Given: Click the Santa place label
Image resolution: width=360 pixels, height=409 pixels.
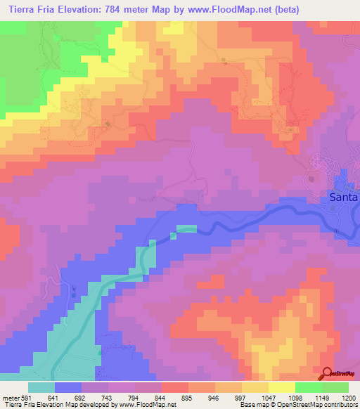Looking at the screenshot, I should [344, 198].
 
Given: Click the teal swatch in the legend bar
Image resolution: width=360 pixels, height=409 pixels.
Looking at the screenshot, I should [41, 387].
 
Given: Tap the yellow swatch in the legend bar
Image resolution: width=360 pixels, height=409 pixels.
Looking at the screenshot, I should [255, 387].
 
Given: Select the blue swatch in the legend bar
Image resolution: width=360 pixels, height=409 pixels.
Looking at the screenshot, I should [68, 387].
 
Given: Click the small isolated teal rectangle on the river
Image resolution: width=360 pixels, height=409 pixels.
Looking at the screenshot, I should [186, 228].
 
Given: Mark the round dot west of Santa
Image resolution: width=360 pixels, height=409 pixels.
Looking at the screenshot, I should [311, 179].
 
